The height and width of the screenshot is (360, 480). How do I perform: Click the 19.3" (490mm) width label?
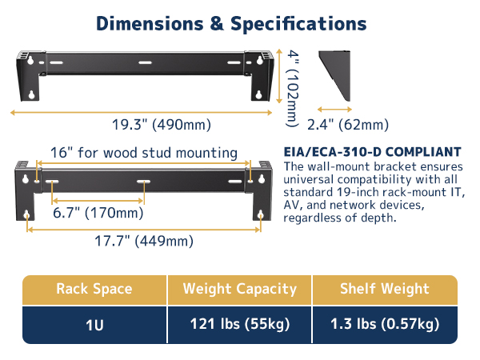[x=162, y=124]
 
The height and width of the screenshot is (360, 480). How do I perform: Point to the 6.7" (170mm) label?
[x=98, y=213]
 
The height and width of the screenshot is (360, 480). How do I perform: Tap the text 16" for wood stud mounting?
[x=144, y=152]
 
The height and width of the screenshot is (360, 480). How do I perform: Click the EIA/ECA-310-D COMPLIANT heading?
[x=373, y=152]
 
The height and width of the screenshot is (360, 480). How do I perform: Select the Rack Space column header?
[x=94, y=290]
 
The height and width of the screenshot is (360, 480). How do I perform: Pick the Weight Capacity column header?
[x=239, y=290]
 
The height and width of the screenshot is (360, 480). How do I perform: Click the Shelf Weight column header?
[x=384, y=290]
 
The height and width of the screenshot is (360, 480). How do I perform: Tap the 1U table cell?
[x=94, y=324]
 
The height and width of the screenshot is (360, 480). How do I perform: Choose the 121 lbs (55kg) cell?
[x=239, y=324]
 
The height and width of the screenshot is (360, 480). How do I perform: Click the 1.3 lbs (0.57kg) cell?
[x=384, y=324]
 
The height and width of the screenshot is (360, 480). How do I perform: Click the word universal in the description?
[x=314, y=179]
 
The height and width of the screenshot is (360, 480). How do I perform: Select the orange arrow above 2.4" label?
[x=335, y=110]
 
